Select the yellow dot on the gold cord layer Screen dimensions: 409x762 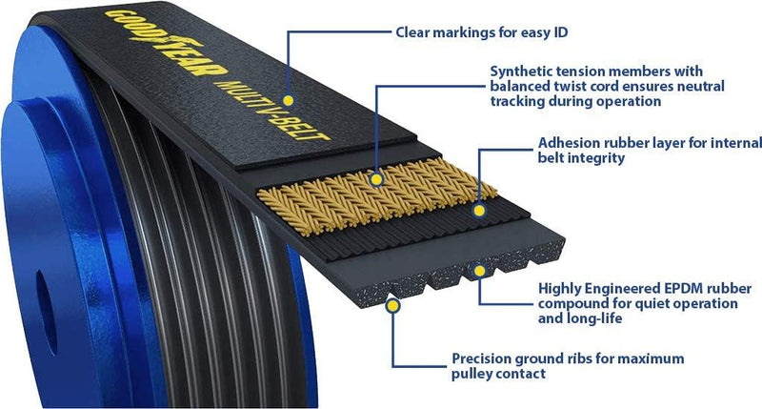click(x=378, y=178)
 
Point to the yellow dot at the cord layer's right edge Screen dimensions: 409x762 click(x=479, y=201)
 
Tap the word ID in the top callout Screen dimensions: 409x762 click(x=571, y=31)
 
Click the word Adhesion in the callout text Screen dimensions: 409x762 click(x=568, y=143)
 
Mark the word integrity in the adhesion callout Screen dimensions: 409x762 click(x=596, y=158)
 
